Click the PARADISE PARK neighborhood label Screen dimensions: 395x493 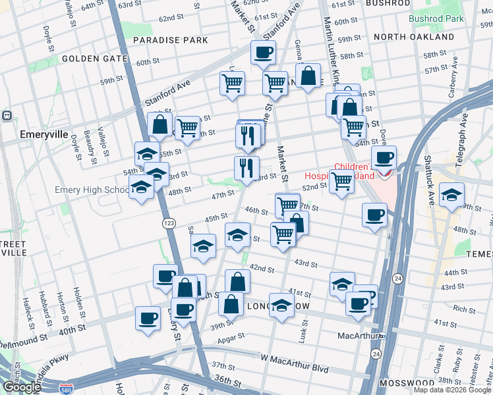coord(170,40)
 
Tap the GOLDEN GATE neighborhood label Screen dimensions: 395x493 coord(94,59)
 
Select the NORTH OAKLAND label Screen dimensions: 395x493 coord(414,37)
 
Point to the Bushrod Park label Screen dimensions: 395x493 coord(436,18)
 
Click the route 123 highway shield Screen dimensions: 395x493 coord(169,224)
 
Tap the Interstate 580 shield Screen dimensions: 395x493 coord(66,389)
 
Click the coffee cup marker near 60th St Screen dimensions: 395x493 coord(263,53)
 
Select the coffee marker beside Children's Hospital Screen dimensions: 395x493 coord(384,158)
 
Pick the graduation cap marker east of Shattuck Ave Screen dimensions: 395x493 coord(451,195)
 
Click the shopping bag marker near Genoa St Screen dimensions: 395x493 coord(308,76)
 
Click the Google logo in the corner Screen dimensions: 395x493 coord(22,386)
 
